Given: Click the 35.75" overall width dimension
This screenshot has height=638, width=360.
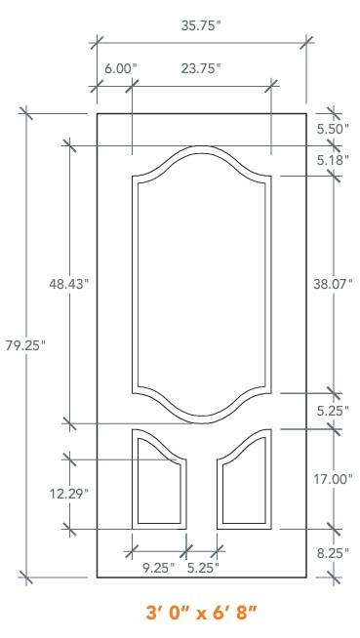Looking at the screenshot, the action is [x=201, y=25].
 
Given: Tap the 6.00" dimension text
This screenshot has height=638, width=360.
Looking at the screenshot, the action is [x=121, y=68].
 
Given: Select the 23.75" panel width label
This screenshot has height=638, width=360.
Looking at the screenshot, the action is [x=201, y=68].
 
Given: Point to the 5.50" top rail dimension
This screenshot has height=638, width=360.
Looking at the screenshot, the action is [x=333, y=130].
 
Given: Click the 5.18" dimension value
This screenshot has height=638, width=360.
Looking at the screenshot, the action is [x=333, y=160].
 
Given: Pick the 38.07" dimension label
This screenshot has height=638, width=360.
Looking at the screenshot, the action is [x=333, y=284].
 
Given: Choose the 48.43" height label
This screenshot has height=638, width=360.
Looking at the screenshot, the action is [x=68, y=284].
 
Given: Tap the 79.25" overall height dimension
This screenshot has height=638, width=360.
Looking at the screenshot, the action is [x=25, y=346].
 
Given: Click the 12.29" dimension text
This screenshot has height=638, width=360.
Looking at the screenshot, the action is [x=69, y=494].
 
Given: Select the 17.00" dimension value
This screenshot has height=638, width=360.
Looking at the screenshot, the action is [x=333, y=479].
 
